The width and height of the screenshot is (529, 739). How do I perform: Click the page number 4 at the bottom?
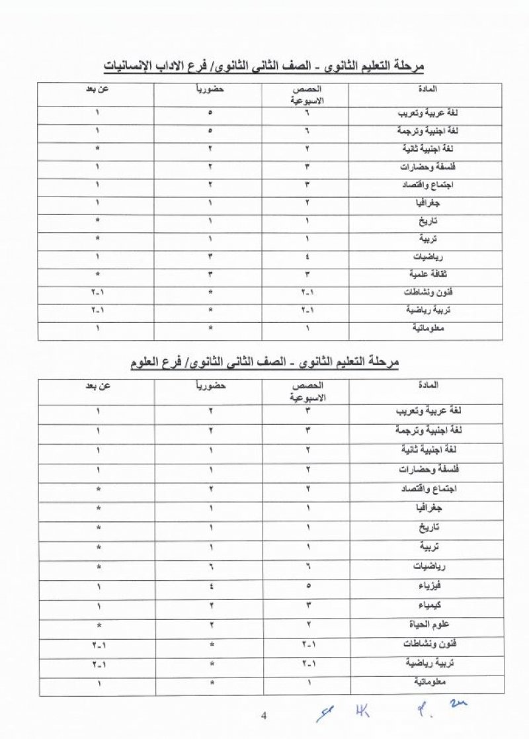pos(263,715)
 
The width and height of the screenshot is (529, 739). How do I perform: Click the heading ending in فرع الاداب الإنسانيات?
pos(264,67)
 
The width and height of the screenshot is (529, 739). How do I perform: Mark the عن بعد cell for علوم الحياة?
pos(97,625)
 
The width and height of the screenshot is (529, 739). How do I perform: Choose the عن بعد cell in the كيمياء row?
pos(97,606)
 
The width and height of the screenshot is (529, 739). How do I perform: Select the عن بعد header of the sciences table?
pos(97,386)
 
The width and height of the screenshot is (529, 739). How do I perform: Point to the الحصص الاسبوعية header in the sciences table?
pos(307,392)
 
